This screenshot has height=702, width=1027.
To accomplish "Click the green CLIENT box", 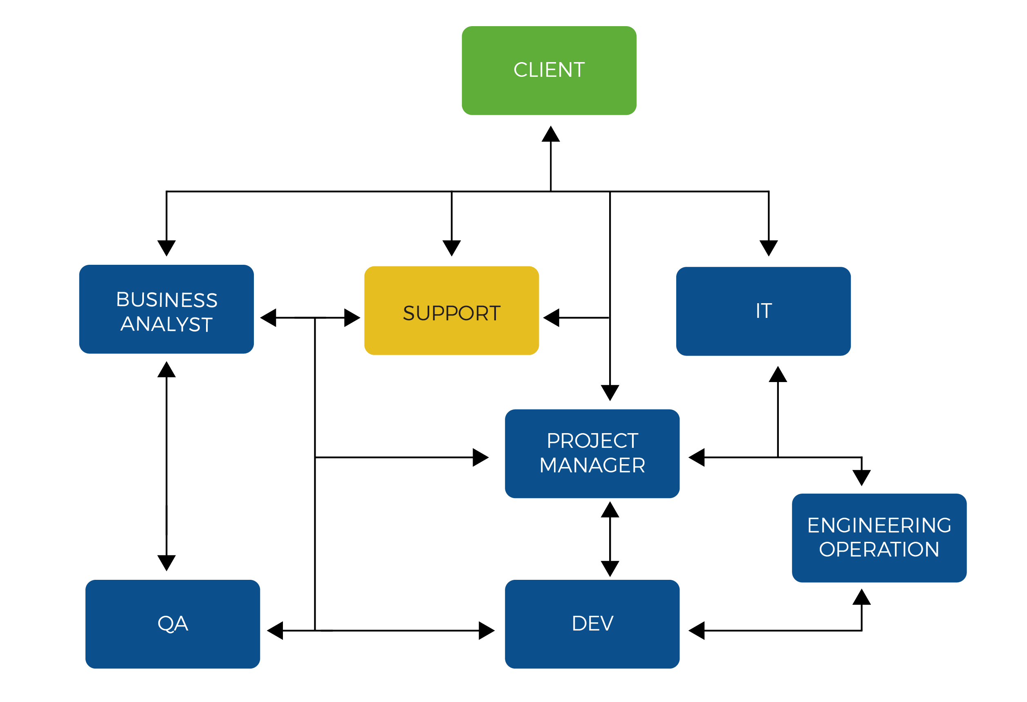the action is pos(549,71).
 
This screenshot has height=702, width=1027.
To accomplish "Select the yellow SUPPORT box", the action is pos(451,311).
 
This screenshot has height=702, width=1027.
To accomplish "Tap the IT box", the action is pos(763,311).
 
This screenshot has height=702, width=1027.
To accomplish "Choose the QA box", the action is pos(173,624).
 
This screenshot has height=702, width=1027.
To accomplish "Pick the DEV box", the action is pos(592,624).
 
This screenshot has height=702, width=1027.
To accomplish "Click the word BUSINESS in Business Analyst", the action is pos(166,300).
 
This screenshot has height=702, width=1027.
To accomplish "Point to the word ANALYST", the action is pos(166,324).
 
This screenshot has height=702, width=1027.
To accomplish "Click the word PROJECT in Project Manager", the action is pos(592,441).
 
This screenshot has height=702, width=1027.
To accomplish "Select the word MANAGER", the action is pos(592,465).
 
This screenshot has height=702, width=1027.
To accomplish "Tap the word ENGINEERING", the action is pos(879,525).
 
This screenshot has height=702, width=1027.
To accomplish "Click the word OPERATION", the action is pos(879,550).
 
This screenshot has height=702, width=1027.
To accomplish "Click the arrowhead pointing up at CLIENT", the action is pos(551,134).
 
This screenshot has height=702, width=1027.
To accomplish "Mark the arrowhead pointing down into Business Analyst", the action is pos(166,248).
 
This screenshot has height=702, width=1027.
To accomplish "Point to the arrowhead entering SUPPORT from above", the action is pos(452,248).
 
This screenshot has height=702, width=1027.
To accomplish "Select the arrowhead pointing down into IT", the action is pos(769,248).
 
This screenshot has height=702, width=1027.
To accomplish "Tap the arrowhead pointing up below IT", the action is pos(778,374).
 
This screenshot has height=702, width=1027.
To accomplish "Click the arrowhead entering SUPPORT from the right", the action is pos(551,317).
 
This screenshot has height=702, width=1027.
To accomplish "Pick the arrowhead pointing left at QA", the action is pos(275,631).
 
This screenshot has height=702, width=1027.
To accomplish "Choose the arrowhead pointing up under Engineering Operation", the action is pos(861,597).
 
